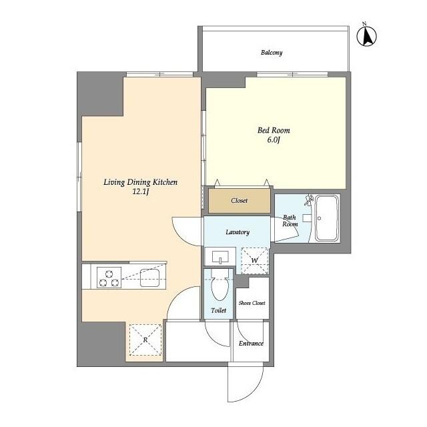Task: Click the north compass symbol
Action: click(367, 35)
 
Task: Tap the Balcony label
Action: click(272, 52)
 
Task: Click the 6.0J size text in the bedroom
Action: click(274, 140)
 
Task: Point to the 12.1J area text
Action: click(141, 191)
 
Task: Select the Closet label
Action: click(240, 201)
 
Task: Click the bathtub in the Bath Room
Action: click(327, 218)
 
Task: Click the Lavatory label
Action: click(238, 232)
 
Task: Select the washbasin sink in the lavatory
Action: click(220, 257)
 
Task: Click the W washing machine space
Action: click(255, 261)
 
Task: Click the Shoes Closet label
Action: click(252, 303)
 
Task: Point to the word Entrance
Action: click(251, 344)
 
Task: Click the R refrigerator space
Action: click(145, 340)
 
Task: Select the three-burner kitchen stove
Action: click(109, 278)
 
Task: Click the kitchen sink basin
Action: click(149, 278)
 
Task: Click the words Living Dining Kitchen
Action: click(141, 182)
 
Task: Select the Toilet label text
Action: click(218, 310)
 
